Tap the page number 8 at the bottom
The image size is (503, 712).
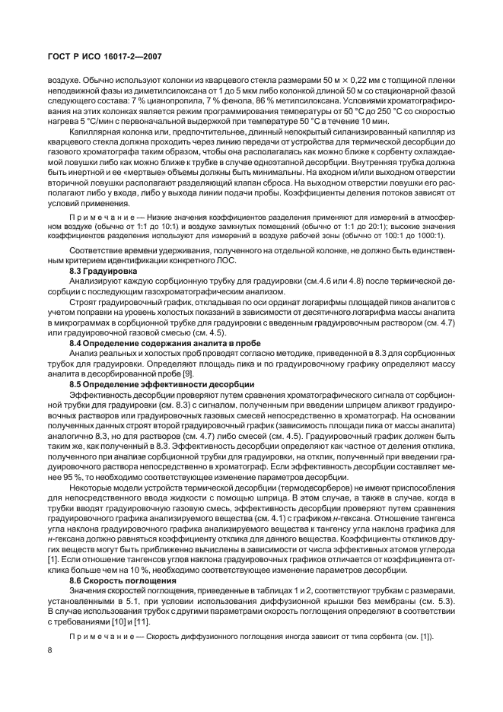[x=49, y=648]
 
